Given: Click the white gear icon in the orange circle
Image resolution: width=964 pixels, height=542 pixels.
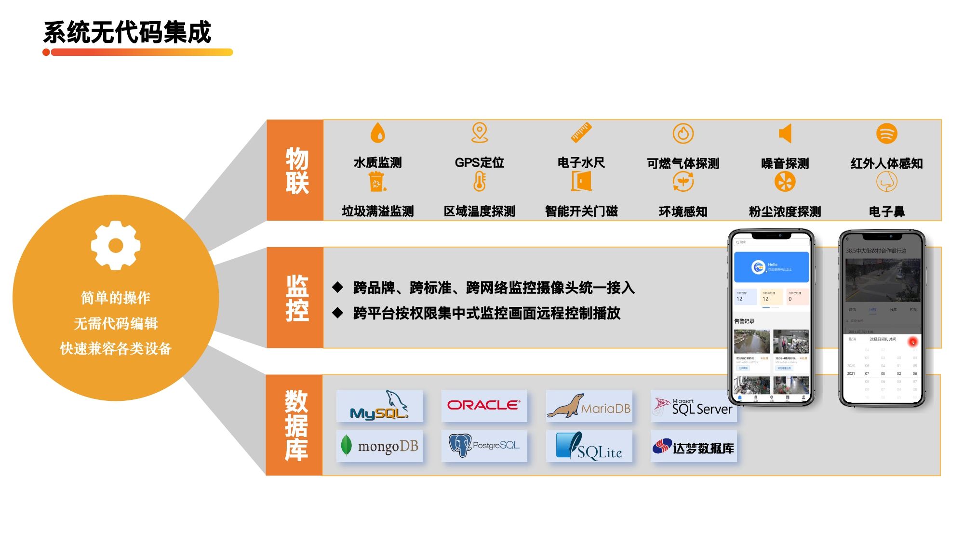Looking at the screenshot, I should coord(116,245).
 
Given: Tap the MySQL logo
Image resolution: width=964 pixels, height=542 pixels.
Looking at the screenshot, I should coord(379,406).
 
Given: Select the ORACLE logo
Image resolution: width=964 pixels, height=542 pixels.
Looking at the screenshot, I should coord(484,406).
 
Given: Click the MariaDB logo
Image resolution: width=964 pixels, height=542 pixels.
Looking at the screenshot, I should coord(589,406).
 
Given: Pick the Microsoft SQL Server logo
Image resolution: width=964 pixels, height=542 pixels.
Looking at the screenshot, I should coord(693,407).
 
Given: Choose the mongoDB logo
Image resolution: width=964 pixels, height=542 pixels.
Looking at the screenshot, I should coord(379,446).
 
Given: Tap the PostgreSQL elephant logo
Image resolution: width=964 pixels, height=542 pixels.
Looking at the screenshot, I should coord(484,446).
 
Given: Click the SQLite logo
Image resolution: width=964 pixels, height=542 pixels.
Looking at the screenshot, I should coord(589,446).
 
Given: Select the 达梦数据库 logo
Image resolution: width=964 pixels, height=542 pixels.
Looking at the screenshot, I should coord(693,447).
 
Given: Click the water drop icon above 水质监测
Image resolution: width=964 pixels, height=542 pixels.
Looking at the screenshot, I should coord(378,132).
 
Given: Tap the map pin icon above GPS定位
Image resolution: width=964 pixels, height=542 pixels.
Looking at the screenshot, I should coord(480,132).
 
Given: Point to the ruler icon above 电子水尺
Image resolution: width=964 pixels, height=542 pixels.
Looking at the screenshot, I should coord(581,132).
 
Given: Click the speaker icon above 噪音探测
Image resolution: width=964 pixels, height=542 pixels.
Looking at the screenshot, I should coord(785,133).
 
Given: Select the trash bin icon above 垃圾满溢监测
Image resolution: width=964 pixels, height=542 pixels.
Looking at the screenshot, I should coord(377,182).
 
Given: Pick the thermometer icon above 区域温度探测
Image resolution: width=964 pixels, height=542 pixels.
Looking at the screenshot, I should coord(480,182).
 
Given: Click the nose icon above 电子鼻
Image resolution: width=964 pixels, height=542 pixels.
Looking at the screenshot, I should coord(886,182).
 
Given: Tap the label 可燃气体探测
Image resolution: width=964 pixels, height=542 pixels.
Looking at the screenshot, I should coord(683,164).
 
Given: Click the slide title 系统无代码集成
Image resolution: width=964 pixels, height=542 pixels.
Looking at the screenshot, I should coord(127,33).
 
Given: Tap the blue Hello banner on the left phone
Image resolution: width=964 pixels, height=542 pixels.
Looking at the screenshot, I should coord(771,267).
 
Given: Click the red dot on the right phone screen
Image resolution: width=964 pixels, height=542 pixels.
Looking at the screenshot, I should coord(913,342).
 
